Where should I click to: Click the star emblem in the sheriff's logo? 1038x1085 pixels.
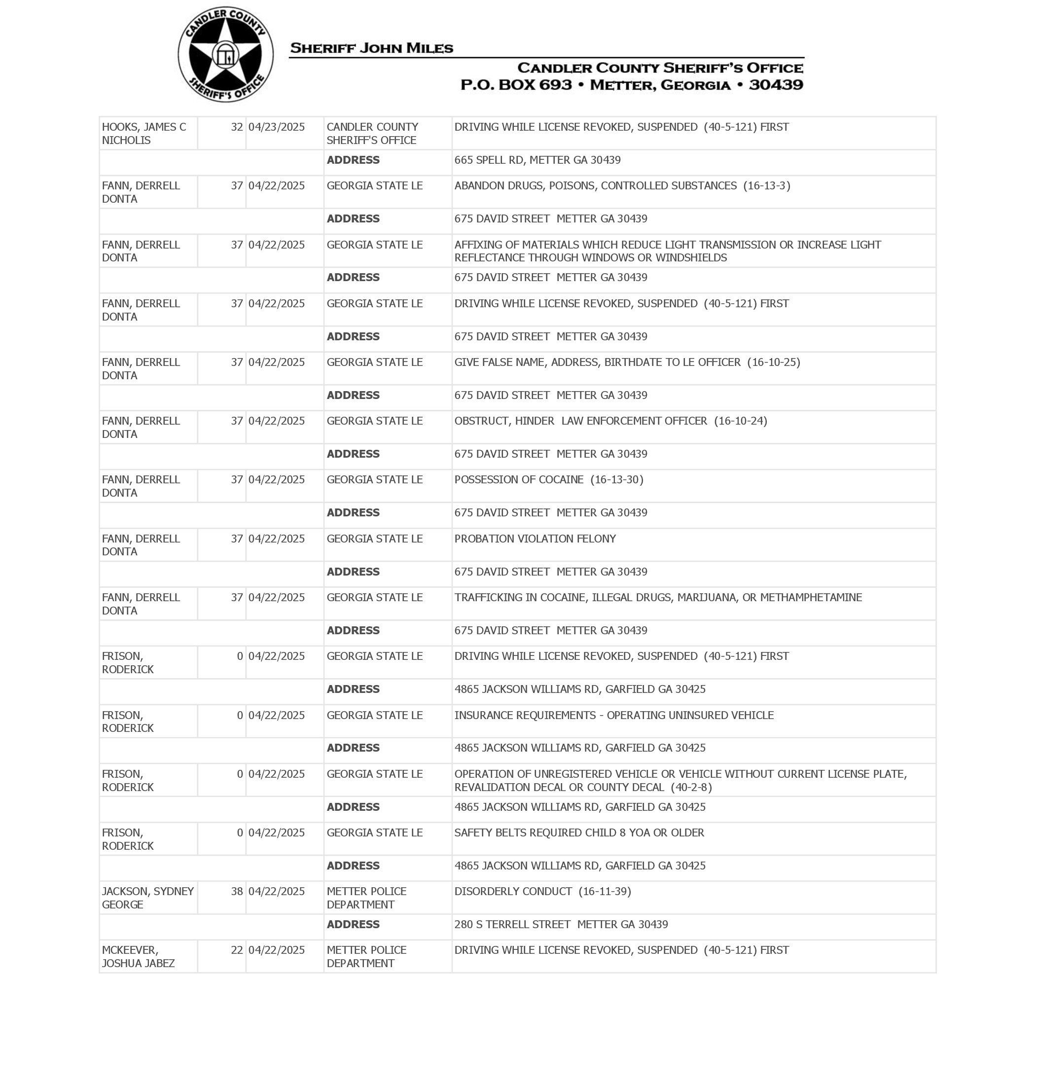pos(225,55)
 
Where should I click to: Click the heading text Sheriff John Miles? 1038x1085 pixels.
pos(371,48)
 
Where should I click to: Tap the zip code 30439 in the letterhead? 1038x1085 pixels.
pos(776,85)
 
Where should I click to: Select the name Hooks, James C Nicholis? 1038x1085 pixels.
pos(144,133)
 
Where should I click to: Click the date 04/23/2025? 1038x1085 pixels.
pos(276,127)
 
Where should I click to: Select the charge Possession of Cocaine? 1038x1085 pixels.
pos(548,480)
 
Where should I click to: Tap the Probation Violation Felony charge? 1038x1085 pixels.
pos(535,539)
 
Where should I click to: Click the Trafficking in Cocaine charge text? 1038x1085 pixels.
pos(657,598)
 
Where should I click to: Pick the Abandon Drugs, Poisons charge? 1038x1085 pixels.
pos(622,186)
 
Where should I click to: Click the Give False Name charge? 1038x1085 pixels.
pos(627,362)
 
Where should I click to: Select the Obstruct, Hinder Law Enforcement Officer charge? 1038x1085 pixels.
pos(610,421)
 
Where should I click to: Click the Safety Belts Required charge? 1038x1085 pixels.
pos(579,832)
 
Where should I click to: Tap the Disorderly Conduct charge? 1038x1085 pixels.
pos(542,891)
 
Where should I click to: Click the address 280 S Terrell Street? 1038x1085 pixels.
pos(561,925)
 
